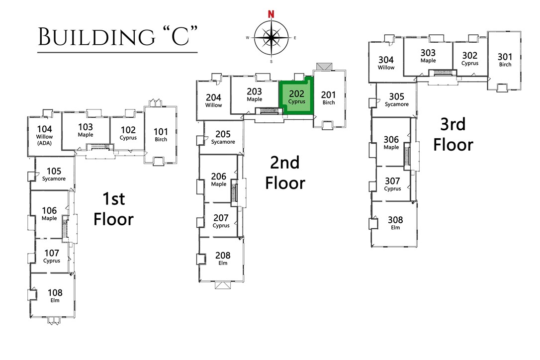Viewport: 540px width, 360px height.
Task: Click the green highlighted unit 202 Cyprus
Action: (x=297, y=96)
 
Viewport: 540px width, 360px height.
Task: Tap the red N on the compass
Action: (x=271, y=14)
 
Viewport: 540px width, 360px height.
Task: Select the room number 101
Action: (x=161, y=132)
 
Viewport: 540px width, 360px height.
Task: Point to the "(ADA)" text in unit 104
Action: (x=44, y=143)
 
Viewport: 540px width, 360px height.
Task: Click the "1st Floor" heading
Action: (x=114, y=209)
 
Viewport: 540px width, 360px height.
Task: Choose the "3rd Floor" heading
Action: (x=453, y=134)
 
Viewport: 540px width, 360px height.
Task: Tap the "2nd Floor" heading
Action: (x=284, y=173)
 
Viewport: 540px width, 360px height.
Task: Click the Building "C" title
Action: (x=118, y=37)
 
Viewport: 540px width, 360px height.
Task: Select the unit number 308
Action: (x=395, y=220)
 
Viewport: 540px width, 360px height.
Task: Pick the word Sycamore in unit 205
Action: (x=223, y=142)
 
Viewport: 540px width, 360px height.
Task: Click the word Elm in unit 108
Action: (x=55, y=300)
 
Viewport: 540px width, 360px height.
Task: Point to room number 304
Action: (x=386, y=60)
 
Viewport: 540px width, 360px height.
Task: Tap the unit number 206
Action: (x=219, y=177)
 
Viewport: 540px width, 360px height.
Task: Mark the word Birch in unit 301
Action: (x=505, y=65)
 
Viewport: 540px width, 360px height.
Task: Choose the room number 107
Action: (x=51, y=253)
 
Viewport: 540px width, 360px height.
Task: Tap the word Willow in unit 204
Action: (x=214, y=105)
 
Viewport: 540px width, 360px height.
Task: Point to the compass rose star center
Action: (x=271, y=38)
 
